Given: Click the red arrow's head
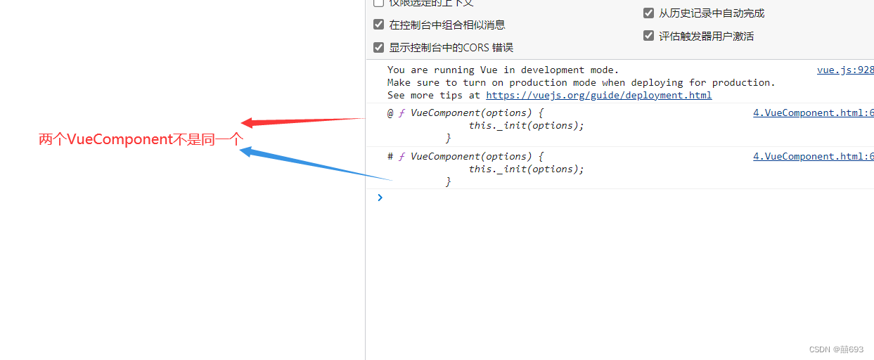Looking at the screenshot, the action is (248, 123).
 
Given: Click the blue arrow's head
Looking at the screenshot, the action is (246, 150).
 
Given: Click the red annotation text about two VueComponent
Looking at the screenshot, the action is (141, 139).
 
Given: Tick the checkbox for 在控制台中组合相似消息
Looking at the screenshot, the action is (379, 25).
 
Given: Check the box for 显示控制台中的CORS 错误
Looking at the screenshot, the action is (379, 48).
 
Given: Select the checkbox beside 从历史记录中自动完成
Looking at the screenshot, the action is (648, 13).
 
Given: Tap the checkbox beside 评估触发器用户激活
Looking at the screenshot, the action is (648, 36).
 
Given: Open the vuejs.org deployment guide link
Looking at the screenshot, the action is (598, 95).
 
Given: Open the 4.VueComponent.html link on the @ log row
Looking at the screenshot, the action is (813, 112).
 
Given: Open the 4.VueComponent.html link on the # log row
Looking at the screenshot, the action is (813, 156).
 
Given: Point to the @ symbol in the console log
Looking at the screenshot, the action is (390, 112).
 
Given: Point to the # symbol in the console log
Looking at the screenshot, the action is (390, 156).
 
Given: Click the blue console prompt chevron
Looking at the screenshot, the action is (380, 198).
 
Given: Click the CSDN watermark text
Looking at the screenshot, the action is (836, 349).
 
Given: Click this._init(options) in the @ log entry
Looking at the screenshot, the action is (526, 125).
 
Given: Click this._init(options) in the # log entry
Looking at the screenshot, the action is (526, 169).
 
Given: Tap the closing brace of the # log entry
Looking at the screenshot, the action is (448, 181).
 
